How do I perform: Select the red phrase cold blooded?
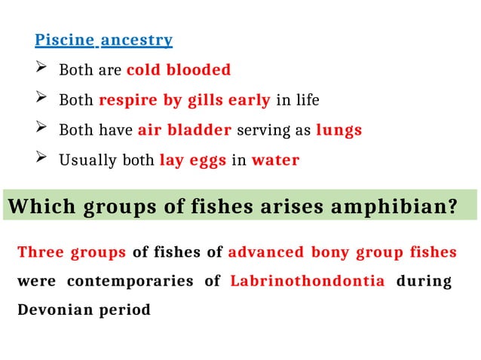click(179, 70)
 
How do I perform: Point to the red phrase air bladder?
click(185, 130)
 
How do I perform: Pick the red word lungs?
click(339, 130)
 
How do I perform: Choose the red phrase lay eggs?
click(193, 160)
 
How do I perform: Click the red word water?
click(275, 160)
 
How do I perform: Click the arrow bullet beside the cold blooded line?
click(41, 70)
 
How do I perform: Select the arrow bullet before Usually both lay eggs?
click(41, 160)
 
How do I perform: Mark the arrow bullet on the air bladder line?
click(41, 130)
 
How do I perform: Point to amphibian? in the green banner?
click(408, 206)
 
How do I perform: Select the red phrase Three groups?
click(72, 252)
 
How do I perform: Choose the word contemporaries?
click(136, 281)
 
